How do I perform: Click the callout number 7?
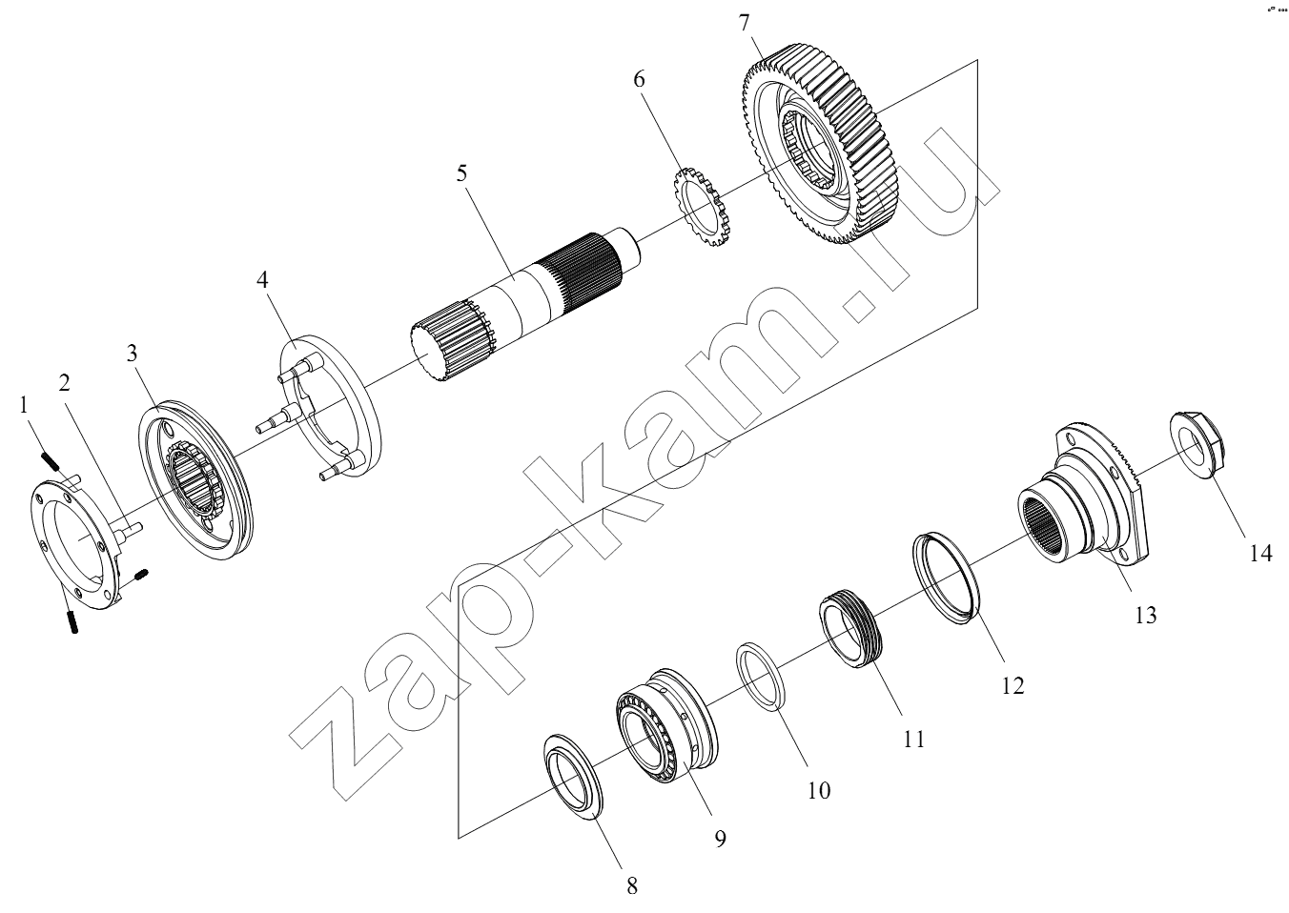click(x=744, y=23)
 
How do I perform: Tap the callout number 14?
click(x=1259, y=554)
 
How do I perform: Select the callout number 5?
click(x=462, y=172)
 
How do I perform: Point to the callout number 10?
click(x=819, y=791)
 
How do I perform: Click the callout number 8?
click(x=632, y=886)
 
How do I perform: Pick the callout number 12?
click(x=1013, y=686)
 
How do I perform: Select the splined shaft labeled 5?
click(x=524, y=304)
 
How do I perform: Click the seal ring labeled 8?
click(x=573, y=776)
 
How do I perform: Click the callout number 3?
click(x=133, y=353)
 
